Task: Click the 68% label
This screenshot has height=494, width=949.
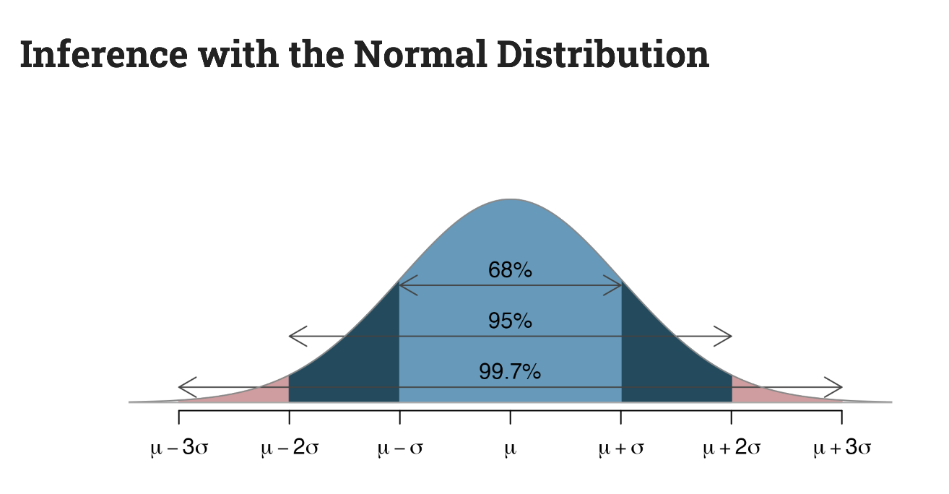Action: click(x=510, y=270)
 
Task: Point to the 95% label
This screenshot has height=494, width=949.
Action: click(x=510, y=320)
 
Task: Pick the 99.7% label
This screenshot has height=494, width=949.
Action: click(x=510, y=372)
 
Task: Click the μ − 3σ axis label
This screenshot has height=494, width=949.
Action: click(x=179, y=448)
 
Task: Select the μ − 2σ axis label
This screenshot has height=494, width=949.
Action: click(x=289, y=448)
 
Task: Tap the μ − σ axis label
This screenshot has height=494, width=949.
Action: click(x=399, y=448)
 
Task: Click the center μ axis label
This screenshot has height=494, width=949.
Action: click(x=511, y=449)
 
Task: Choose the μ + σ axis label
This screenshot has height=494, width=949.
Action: click(x=621, y=448)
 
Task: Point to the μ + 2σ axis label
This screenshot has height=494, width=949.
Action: click(x=732, y=448)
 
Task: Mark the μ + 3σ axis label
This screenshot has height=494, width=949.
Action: click(x=842, y=448)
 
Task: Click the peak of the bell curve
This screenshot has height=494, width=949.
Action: click(x=510, y=200)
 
